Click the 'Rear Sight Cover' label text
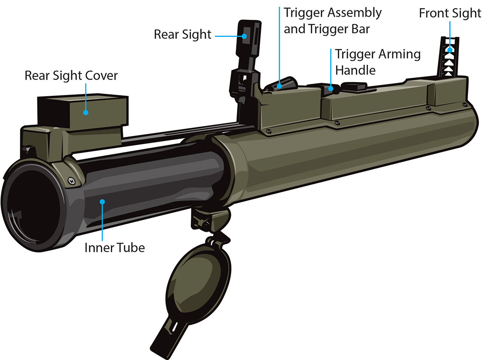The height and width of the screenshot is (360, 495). pyautogui.click(x=71, y=75)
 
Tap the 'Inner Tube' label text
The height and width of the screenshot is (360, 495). pyautogui.click(x=115, y=247)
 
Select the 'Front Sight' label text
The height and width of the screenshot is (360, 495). pyautogui.click(x=450, y=13)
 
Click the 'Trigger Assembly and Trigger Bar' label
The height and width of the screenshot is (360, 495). pyautogui.click(x=332, y=21)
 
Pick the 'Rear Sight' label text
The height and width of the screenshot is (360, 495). pyautogui.click(x=182, y=35)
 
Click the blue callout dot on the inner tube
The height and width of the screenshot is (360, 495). pyautogui.click(x=102, y=201)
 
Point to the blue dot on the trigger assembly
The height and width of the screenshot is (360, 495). pyautogui.click(x=280, y=85)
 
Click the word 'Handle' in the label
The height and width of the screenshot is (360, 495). pyautogui.click(x=355, y=70)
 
